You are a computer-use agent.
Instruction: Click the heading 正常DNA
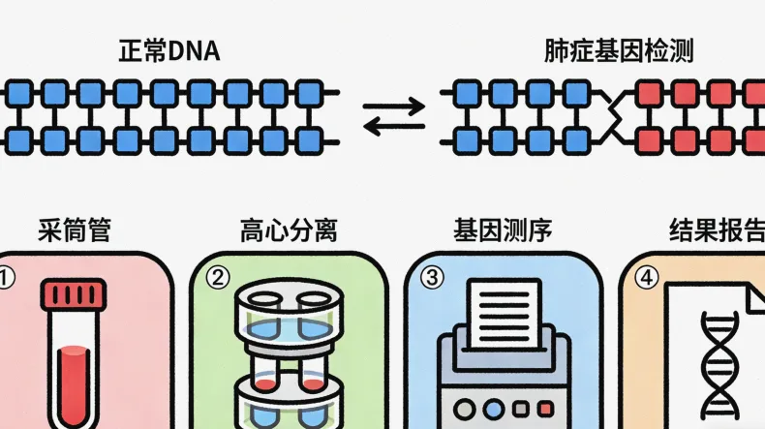click(168, 50)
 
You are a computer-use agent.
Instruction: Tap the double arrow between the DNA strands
click(394, 116)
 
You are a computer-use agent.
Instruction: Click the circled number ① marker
click(8, 278)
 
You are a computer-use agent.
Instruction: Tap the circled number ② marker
click(219, 278)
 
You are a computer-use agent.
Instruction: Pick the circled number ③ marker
click(433, 278)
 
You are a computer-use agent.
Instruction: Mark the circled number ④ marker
click(646, 278)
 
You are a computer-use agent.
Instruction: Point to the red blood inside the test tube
click(74, 383)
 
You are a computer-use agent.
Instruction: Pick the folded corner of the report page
click(750, 295)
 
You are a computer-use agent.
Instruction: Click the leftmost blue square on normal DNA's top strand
click(20, 93)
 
